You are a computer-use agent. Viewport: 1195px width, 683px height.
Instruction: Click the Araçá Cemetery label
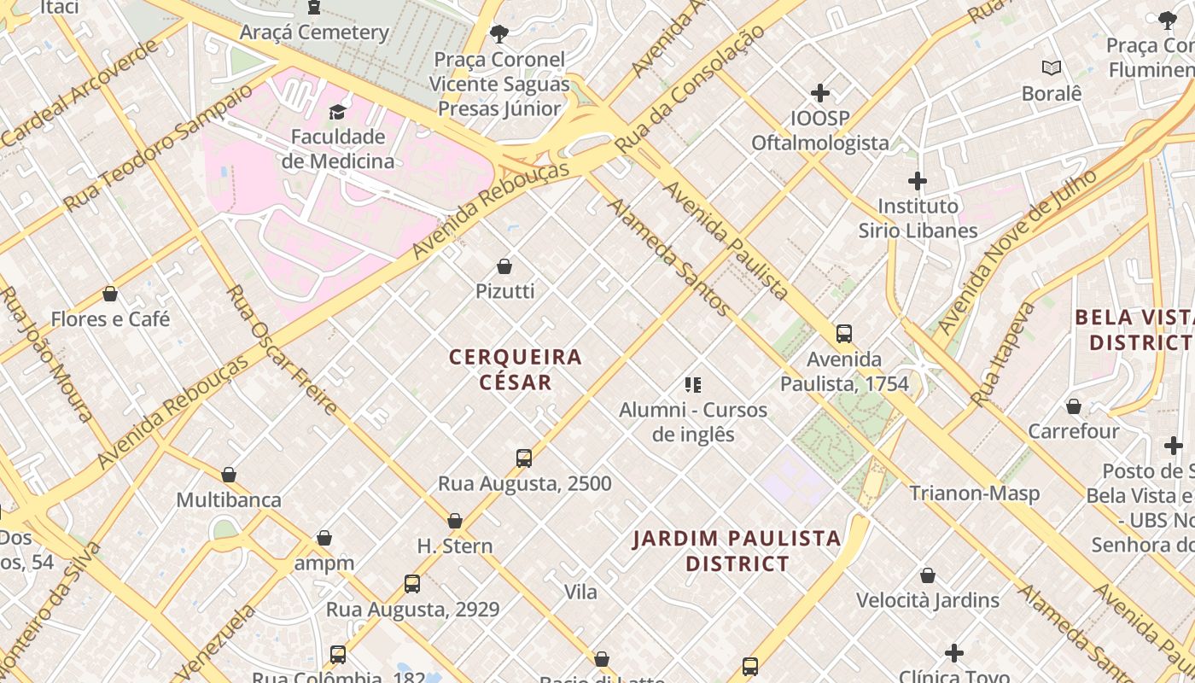(x=314, y=32)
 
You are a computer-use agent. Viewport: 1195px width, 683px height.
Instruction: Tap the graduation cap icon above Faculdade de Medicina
(x=338, y=112)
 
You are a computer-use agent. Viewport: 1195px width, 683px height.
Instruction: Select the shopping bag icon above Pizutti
(x=504, y=266)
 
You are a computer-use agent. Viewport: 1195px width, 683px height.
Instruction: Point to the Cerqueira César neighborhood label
(x=516, y=369)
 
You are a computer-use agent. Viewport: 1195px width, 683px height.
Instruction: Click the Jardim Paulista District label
(x=737, y=551)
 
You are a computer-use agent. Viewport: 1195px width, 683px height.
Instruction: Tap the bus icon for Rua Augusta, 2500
(x=524, y=458)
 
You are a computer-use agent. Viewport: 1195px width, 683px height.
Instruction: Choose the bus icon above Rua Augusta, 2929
(x=412, y=584)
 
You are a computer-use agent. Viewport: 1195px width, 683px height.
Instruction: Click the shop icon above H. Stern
(x=455, y=521)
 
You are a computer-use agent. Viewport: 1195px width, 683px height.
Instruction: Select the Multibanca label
(x=229, y=499)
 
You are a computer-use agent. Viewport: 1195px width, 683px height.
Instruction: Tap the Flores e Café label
(x=110, y=319)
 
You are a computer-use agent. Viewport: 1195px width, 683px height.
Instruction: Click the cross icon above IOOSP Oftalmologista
(x=820, y=93)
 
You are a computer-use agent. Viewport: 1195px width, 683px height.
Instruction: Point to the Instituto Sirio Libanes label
(x=918, y=219)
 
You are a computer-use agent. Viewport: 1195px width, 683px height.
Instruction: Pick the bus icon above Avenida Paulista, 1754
(x=844, y=334)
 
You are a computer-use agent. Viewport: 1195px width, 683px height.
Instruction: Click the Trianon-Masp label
(x=974, y=493)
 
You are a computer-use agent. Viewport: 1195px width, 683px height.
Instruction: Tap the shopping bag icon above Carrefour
(x=1074, y=406)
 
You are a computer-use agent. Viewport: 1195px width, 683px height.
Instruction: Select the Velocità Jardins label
(x=928, y=600)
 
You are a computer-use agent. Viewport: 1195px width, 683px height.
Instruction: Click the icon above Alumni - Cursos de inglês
(x=693, y=385)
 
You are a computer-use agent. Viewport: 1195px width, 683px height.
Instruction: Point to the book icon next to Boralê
(x=1052, y=67)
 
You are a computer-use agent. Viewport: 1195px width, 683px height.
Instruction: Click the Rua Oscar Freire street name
(x=282, y=350)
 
